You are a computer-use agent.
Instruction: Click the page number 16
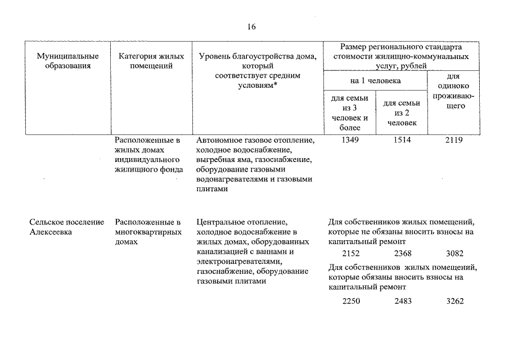(x=251, y=27)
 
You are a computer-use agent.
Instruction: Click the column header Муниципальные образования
(x=67, y=61)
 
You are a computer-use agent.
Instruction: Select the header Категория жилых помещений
(x=151, y=61)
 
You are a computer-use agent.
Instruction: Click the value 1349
(x=350, y=140)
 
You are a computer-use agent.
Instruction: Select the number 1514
(x=403, y=140)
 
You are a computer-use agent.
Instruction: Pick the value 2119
(x=454, y=140)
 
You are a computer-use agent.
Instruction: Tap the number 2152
(x=350, y=254)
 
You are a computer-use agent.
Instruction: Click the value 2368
(x=403, y=254)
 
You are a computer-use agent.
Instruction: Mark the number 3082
(x=454, y=254)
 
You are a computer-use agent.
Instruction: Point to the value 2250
(x=350, y=301)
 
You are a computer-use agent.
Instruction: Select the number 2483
(x=403, y=301)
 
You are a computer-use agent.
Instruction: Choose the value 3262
(x=454, y=301)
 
